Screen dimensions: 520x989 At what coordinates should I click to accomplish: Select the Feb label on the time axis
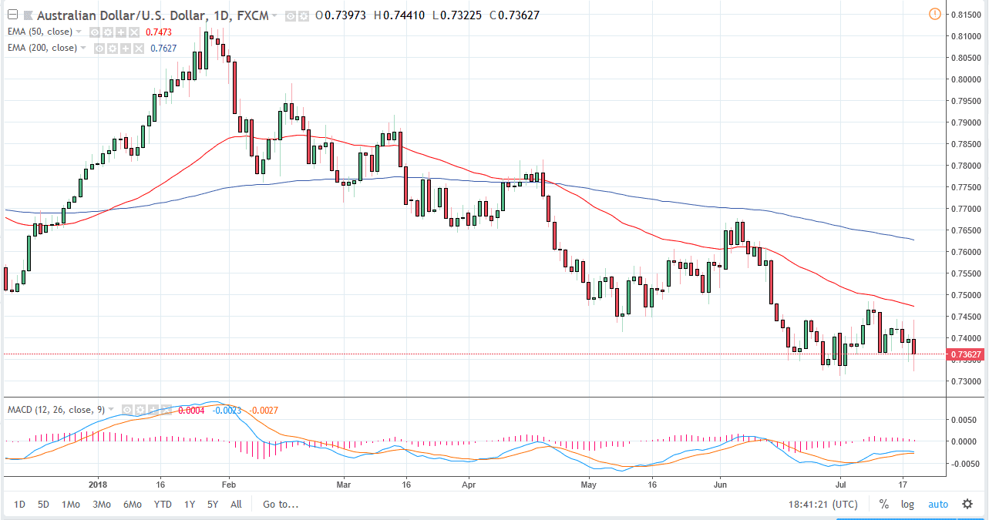(227, 485)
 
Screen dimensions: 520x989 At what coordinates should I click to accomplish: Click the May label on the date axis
(590, 485)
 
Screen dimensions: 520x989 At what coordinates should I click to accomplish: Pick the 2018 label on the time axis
(98, 485)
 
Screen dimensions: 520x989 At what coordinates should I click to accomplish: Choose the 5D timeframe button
(44, 505)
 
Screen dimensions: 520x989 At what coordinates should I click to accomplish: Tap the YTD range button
(163, 505)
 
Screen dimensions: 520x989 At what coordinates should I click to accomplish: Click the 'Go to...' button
(280, 505)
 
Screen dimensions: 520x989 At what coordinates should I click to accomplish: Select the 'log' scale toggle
(907, 505)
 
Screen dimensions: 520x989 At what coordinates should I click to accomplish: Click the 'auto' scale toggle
(938, 505)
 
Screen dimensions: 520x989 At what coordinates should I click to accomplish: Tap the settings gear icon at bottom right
(967, 505)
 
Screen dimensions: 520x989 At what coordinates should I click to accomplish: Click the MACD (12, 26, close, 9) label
(56, 409)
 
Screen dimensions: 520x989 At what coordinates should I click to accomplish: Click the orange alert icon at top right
(934, 14)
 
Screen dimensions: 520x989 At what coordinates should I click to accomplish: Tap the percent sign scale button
(883, 505)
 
